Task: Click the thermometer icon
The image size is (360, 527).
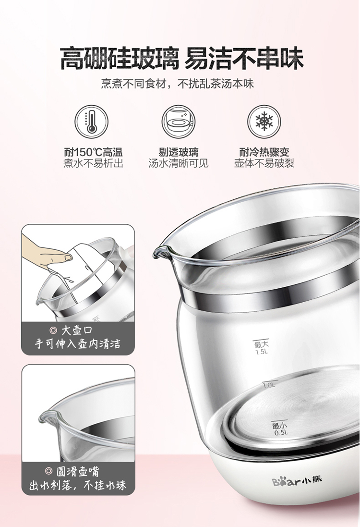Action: pos(91,122)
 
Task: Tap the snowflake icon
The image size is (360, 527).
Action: pos(264,122)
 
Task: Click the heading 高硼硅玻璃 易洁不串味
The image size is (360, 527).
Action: pos(181,58)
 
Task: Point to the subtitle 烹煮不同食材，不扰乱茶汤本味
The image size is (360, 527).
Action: pos(178,84)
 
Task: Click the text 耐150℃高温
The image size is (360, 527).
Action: pos(93,152)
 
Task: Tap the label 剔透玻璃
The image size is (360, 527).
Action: pos(179,152)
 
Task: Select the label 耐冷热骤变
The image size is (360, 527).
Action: pos(264,152)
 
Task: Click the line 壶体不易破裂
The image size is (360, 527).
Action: pos(264,163)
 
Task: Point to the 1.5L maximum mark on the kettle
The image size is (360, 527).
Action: pos(262,348)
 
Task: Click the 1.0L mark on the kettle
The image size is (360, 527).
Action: pos(269,385)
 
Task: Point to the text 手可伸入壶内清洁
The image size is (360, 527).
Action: pos(78,344)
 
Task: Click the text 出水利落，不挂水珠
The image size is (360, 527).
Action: pos(78,485)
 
